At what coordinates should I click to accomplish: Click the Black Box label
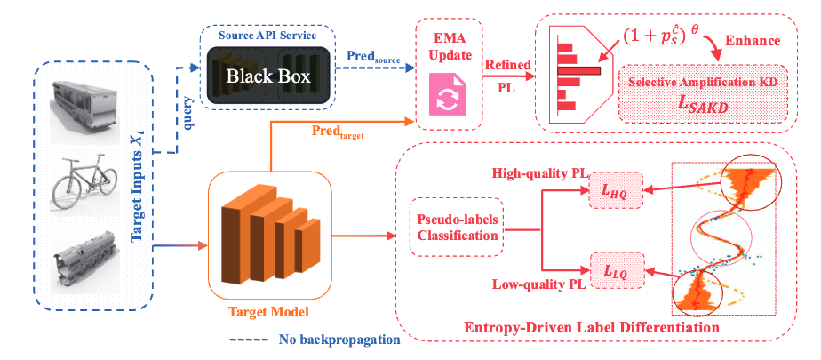(268, 76)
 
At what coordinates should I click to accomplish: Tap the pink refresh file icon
(448, 94)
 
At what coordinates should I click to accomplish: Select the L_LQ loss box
(617, 271)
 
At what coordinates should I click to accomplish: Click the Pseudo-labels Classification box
(457, 227)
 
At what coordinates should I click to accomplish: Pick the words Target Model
(269, 312)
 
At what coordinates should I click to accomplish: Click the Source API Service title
(268, 36)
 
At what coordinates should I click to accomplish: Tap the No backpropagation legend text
(339, 339)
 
